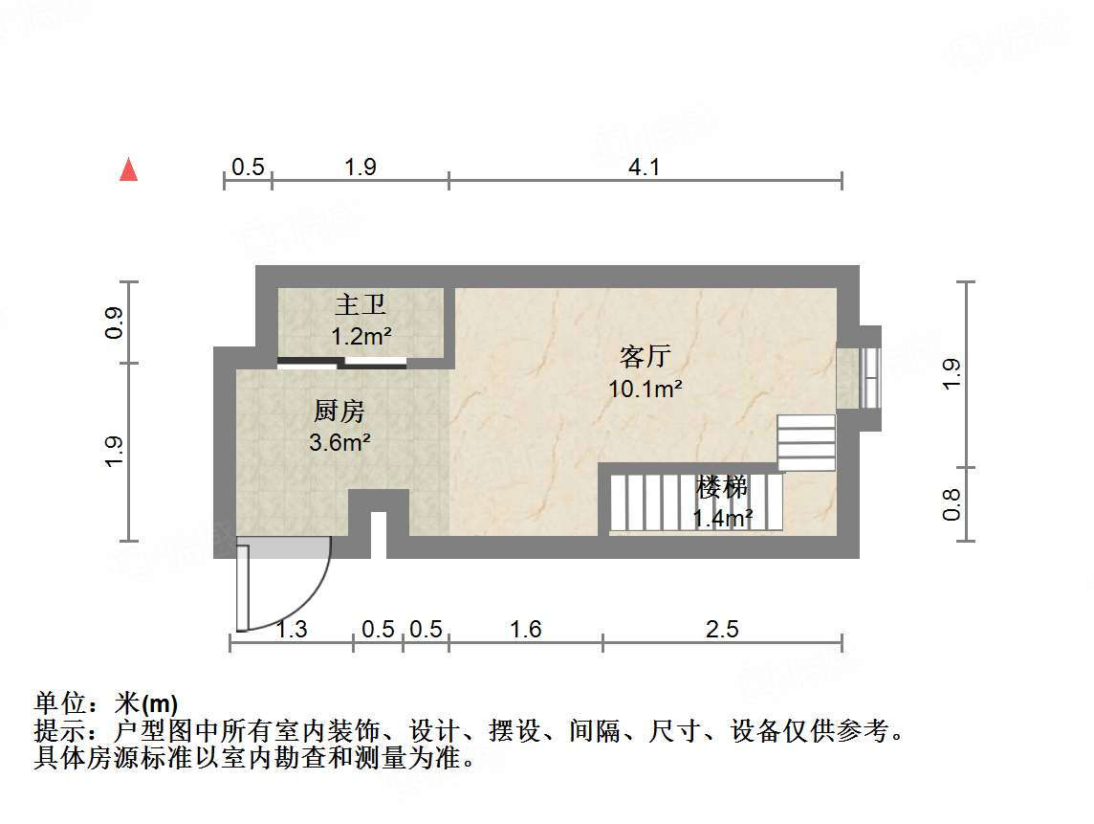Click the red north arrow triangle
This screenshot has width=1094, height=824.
(128, 170)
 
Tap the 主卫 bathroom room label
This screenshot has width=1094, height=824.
(361, 305)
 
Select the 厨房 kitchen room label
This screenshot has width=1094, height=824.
(339, 412)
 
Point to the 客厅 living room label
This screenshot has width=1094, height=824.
(645, 358)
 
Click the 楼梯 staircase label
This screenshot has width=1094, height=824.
(722, 488)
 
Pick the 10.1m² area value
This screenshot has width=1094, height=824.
(645, 389)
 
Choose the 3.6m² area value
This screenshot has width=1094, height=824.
(339, 443)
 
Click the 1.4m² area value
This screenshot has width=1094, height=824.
(722, 519)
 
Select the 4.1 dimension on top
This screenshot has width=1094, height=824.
(645, 167)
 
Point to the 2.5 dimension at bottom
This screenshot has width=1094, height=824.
(722, 629)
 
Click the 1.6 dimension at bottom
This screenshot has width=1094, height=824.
(526, 629)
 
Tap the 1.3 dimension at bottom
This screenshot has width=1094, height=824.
(292, 629)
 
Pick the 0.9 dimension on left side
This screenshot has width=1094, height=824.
(114, 323)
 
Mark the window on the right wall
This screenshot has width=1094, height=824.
(869, 378)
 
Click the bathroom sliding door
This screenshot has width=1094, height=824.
(341, 362)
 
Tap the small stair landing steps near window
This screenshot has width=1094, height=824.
(806, 442)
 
